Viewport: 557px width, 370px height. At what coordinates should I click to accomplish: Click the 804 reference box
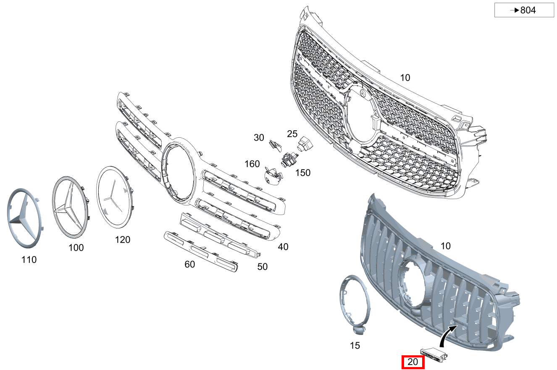click(x=524, y=10)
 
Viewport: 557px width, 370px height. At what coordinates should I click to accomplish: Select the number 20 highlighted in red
click(x=413, y=362)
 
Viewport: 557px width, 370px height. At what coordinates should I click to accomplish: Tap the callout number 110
click(x=29, y=260)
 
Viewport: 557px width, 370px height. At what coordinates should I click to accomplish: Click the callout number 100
click(x=76, y=248)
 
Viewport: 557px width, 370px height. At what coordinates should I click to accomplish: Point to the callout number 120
click(x=123, y=240)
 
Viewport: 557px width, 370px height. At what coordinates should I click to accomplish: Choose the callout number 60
click(x=190, y=264)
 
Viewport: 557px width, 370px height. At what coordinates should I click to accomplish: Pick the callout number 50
click(x=263, y=267)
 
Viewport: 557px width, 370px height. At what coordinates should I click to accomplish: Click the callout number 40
click(x=283, y=247)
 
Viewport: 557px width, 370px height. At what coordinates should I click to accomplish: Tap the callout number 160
click(x=252, y=164)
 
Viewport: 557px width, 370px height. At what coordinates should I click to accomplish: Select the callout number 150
click(x=303, y=173)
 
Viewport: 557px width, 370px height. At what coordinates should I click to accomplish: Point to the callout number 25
click(x=292, y=134)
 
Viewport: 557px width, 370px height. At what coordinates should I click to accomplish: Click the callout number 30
click(x=259, y=137)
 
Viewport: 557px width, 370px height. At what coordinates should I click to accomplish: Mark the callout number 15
click(x=355, y=345)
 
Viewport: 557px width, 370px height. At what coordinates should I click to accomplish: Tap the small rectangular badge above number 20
click(x=434, y=354)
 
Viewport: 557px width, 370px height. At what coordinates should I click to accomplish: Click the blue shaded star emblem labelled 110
click(x=24, y=218)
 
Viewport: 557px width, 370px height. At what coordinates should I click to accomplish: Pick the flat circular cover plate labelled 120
click(x=115, y=197)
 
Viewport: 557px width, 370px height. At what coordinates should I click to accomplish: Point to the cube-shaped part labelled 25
click(x=305, y=144)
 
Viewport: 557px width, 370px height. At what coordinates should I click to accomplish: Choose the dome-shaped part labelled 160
click(x=273, y=176)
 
